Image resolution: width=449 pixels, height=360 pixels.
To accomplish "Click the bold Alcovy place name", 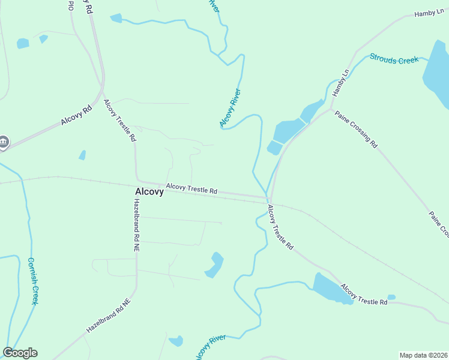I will [148, 192].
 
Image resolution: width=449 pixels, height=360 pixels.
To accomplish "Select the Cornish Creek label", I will [33, 281].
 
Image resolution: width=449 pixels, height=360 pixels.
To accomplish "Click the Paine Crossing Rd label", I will [357, 129].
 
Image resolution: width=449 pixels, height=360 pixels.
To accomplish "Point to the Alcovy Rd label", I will [76, 113].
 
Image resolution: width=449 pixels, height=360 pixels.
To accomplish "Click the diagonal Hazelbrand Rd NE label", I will [108, 316].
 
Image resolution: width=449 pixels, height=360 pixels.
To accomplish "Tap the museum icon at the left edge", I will [4, 142].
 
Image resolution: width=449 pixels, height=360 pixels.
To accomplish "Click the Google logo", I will [20, 353].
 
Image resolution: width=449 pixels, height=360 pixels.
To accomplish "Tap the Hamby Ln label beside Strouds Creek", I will [340, 83].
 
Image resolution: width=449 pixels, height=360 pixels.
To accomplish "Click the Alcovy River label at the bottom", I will [210, 347].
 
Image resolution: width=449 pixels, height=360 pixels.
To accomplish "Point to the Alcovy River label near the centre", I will [230, 108].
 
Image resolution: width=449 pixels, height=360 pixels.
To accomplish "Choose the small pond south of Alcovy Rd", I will [82, 155].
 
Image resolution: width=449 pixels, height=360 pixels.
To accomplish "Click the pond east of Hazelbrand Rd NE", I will [214, 265].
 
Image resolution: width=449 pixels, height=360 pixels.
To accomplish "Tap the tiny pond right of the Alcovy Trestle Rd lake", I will [391, 297].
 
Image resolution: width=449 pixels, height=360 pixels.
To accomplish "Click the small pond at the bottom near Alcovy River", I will [176, 341].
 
